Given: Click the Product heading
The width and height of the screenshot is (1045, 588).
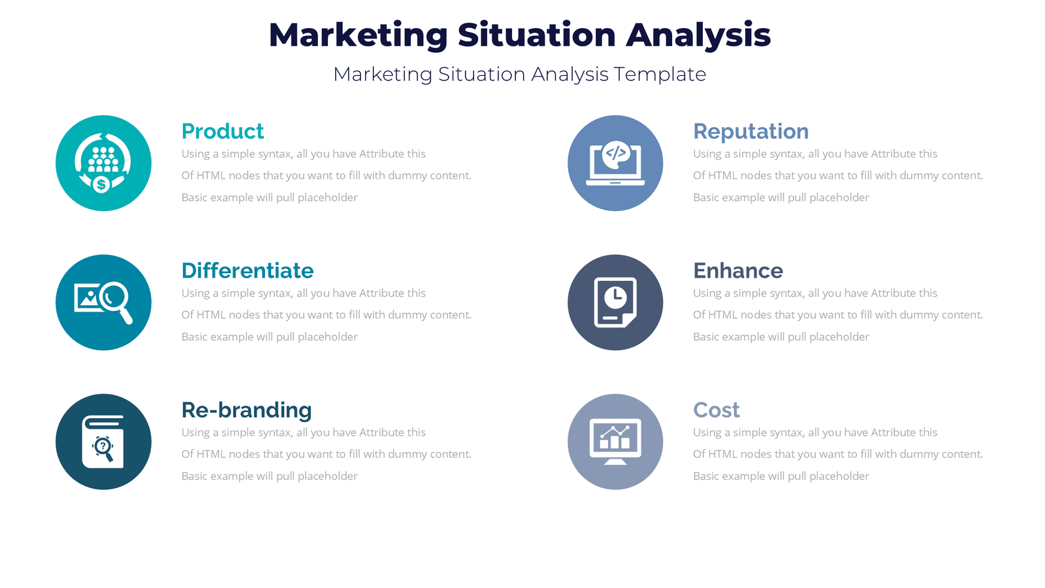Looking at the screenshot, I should (x=222, y=131).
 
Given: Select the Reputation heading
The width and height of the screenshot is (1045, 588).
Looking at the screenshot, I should (x=750, y=131).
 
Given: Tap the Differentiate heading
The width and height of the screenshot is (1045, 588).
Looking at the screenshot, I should (x=247, y=270).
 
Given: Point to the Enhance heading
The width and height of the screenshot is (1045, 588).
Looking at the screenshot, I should (x=737, y=270).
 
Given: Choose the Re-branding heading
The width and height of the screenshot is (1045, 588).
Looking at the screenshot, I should (x=246, y=410).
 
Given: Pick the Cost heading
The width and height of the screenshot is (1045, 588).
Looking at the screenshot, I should (x=716, y=410).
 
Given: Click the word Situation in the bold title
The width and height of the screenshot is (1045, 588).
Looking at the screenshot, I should (x=536, y=35).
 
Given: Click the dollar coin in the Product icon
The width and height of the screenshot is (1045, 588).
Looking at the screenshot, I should (x=101, y=185).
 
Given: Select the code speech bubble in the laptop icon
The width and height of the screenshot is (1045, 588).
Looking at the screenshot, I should (x=616, y=154).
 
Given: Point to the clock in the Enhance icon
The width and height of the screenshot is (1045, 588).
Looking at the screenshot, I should (x=615, y=298).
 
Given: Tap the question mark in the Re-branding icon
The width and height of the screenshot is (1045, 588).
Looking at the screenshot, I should (x=103, y=446).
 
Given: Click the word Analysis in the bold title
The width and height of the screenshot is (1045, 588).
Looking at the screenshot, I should (x=698, y=35).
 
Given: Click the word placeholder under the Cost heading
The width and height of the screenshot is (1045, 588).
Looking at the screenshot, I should (x=839, y=476).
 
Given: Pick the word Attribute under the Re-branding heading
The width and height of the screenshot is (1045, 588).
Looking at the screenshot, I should (x=381, y=433).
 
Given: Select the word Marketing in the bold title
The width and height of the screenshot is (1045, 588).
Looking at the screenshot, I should (x=357, y=35).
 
